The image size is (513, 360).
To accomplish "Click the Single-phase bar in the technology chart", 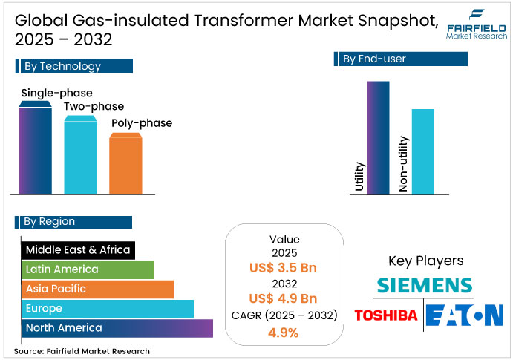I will click(x=35, y=148).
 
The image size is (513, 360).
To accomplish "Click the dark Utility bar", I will click(x=378, y=137).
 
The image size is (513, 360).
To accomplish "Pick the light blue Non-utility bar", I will click(x=422, y=151).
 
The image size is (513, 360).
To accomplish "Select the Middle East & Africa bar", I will click(x=79, y=249).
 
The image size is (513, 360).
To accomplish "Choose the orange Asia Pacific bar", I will click(x=97, y=289).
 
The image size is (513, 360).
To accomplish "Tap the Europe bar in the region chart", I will click(x=108, y=308).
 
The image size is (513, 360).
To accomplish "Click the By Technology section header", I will click(x=73, y=67).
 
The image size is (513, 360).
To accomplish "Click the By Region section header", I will click(x=73, y=221).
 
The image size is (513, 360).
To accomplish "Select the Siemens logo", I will click(x=424, y=285).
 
